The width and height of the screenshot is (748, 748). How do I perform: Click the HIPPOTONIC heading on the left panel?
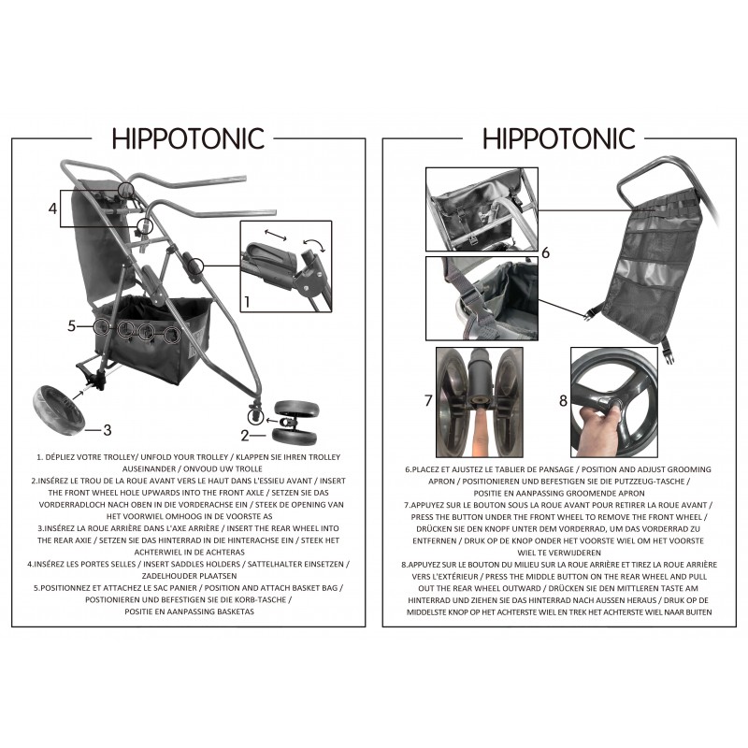tap(188, 138)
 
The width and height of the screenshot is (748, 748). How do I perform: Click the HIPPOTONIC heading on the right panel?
tap(558, 138)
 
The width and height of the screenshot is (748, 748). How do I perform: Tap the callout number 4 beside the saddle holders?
tap(53, 209)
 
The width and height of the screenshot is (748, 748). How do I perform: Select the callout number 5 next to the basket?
tap(72, 326)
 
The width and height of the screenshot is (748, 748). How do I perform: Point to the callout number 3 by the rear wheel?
tap(108, 430)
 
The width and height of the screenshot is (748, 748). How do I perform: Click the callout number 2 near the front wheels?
tap(245, 436)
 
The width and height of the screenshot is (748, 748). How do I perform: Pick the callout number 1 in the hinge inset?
tap(247, 301)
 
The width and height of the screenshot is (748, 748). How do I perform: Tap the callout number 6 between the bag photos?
tap(546, 252)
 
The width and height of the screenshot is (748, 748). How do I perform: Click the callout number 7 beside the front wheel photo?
tap(428, 401)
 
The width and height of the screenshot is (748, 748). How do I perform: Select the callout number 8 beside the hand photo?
tap(564, 401)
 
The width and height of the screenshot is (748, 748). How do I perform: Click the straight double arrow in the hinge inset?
tap(276, 235)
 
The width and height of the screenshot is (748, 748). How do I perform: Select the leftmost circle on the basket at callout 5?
tap(101, 326)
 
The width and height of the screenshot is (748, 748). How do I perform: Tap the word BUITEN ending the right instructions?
tap(697, 612)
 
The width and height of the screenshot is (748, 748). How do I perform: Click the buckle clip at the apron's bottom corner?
tap(668, 354)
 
